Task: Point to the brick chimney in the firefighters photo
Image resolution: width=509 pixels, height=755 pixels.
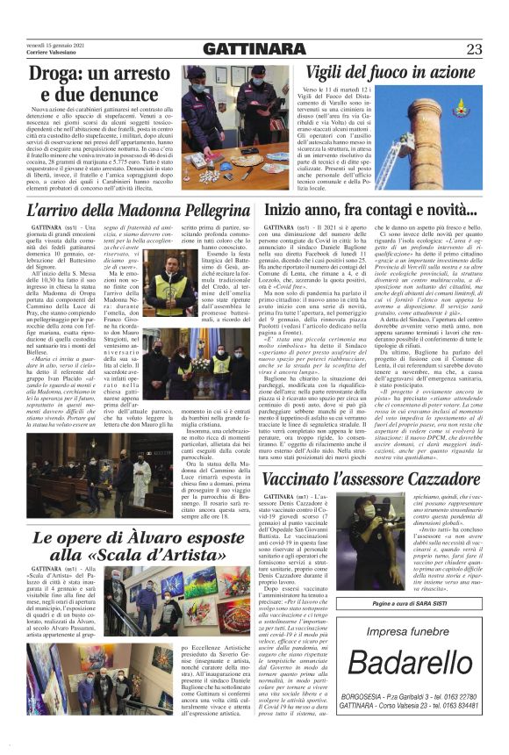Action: [465, 140]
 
